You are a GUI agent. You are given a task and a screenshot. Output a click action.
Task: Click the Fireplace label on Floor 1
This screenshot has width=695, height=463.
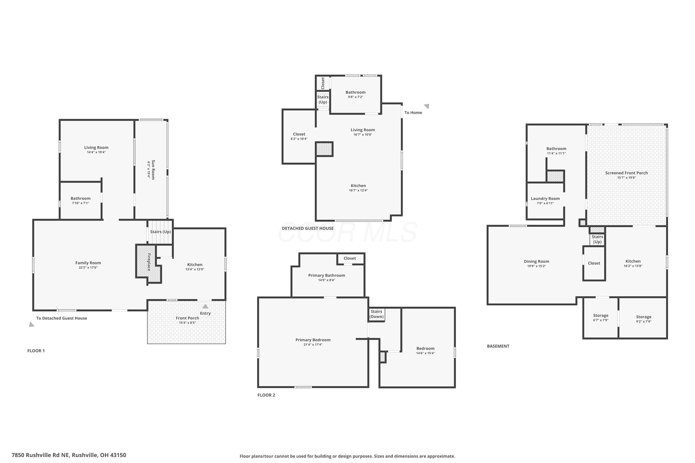(149, 262)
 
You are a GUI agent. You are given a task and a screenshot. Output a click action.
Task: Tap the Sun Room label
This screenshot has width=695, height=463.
(153, 169)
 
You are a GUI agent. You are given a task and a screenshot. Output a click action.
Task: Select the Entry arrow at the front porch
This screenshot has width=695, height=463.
(205, 306)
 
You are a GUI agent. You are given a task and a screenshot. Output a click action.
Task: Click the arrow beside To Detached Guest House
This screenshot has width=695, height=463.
(32, 325)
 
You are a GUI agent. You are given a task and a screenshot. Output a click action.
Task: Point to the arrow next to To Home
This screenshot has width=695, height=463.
(427, 106)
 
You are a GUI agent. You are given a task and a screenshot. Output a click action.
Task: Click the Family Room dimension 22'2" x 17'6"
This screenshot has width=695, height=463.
(88, 268)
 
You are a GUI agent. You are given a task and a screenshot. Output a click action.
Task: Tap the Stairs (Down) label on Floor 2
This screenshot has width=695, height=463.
(376, 314)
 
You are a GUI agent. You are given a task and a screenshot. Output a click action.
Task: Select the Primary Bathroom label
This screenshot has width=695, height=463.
(326, 275)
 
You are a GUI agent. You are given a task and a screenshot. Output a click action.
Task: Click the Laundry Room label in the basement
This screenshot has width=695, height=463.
(545, 198)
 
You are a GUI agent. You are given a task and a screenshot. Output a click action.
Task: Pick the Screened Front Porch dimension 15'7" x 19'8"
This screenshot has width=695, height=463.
(626, 178)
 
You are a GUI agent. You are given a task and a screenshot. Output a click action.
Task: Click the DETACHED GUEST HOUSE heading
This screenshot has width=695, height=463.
(308, 228)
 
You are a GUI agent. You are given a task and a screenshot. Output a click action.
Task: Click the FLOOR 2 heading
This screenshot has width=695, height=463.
(266, 395)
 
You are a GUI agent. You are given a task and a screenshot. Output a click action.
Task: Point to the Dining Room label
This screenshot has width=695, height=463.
(536, 261)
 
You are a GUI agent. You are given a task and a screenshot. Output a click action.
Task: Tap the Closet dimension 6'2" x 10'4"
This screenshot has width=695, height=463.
(299, 139)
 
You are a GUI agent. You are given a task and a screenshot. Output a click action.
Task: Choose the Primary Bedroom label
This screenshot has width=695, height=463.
(313, 340)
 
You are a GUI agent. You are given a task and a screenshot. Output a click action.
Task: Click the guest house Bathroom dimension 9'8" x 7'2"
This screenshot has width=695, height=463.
(355, 97)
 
